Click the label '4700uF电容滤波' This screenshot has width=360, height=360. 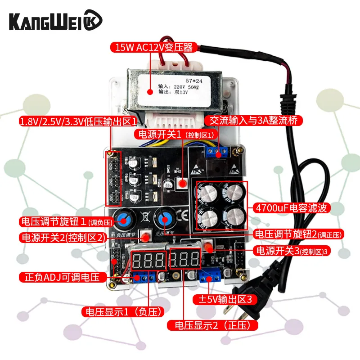pos(292,207)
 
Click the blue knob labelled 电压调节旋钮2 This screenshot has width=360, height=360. pos(164,219)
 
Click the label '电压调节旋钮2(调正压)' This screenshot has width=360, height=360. pos(299,234)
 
